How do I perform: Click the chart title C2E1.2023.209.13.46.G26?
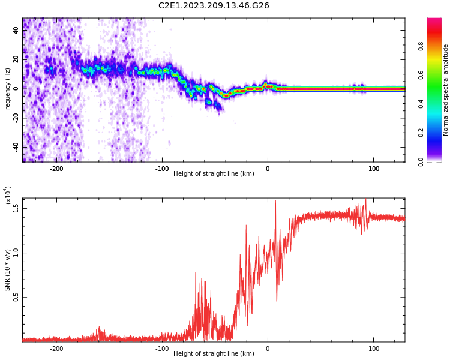point(214,5)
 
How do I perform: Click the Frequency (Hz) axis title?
point(7,90)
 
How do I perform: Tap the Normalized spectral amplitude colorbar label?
point(445,90)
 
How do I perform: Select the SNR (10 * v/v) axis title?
point(7,270)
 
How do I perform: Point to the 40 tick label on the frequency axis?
point(16,30)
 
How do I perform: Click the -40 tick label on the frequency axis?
point(16,146)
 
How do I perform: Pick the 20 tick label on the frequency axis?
point(16,59)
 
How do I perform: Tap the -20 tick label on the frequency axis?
point(16,117)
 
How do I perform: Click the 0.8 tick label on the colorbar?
point(421,46)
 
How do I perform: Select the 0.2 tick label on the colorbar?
point(421,133)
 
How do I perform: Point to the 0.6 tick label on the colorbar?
point(421,75)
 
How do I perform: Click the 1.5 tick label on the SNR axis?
point(16,208)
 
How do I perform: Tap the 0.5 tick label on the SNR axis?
point(16,298)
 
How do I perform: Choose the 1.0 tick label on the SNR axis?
point(16,253)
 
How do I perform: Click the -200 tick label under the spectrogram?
point(56,169)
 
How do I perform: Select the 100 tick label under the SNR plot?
point(373,349)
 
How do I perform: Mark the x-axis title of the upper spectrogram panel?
point(214,173)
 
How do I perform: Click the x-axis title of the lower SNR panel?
point(214,353)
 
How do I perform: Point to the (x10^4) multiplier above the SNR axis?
point(8,195)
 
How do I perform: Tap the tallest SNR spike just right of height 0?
point(276,200)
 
